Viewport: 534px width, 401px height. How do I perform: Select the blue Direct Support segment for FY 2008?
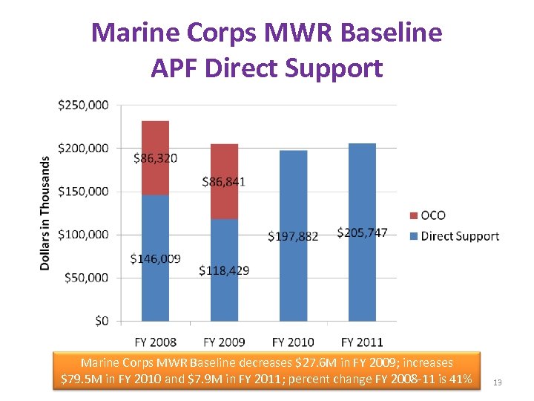tap(155, 223)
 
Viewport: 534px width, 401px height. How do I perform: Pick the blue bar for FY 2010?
tap(293, 193)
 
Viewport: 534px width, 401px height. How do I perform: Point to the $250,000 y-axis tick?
tap(82, 105)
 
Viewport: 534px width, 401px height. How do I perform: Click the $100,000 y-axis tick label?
tap(82, 235)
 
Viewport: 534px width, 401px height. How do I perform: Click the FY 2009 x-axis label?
tap(224, 342)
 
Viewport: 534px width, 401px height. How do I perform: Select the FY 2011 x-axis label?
tap(362, 342)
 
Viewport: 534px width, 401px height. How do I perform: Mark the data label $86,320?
tap(155, 158)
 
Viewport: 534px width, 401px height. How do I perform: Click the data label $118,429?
tap(224, 270)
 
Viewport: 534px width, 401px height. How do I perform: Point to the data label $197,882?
tap(293, 236)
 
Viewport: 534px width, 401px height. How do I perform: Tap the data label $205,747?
tap(362, 232)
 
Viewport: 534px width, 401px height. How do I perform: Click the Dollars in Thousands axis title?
tap(45, 212)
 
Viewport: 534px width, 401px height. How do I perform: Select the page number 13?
tap(498, 382)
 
